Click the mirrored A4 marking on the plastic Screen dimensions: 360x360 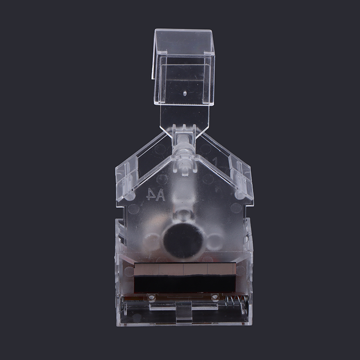click(155, 195)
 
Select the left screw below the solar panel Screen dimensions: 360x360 click(151, 297)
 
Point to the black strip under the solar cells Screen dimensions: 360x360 click(185, 284)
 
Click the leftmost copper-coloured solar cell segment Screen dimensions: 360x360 click(147, 269)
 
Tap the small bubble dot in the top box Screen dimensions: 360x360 click(185, 93)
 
